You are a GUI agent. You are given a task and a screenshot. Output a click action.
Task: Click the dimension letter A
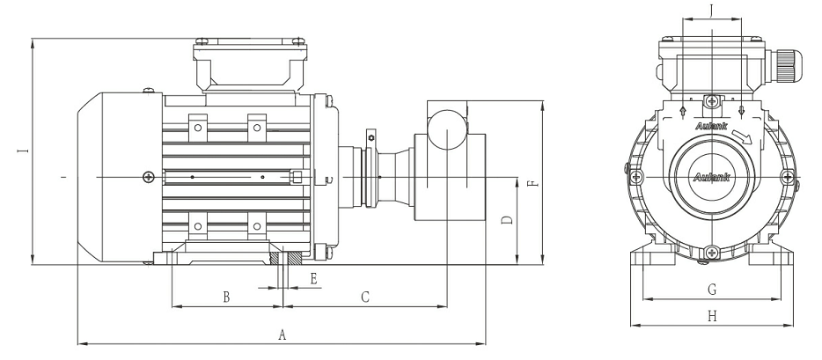(x=283, y=334)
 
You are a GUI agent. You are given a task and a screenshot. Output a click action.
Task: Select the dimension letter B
(x=226, y=298)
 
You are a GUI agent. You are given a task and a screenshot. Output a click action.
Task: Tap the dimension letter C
(x=364, y=298)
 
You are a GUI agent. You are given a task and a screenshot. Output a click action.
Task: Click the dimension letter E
(x=313, y=278)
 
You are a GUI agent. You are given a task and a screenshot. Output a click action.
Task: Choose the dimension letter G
(x=712, y=289)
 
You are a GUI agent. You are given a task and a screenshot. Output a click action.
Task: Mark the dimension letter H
(x=712, y=315)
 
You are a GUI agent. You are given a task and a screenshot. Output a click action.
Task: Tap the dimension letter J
(x=712, y=12)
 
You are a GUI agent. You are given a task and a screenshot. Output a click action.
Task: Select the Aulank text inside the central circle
(x=711, y=176)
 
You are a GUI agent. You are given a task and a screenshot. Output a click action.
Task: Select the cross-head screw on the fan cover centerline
(x=148, y=177)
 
